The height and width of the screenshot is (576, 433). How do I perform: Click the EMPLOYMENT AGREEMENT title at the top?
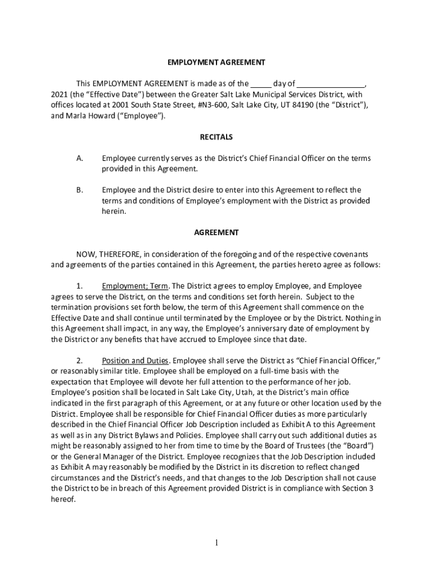[x=216, y=62]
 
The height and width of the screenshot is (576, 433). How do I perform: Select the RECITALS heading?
[x=216, y=137]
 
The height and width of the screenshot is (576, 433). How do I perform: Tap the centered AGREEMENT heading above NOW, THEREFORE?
[x=216, y=232]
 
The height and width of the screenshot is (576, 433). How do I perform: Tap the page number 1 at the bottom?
[x=216, y=543]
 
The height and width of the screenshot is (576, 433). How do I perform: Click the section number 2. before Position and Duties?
[x=80, y=361]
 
